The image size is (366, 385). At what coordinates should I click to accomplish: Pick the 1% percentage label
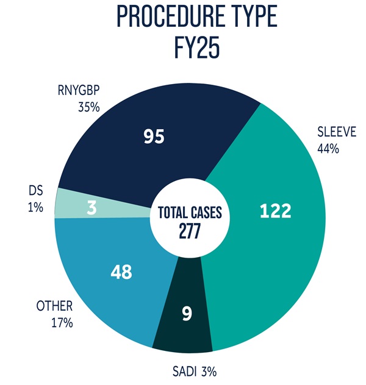pos(35,208)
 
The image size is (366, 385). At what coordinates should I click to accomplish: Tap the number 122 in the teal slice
pos(274,211)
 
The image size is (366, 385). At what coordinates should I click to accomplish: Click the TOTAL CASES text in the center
pos(190,214)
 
